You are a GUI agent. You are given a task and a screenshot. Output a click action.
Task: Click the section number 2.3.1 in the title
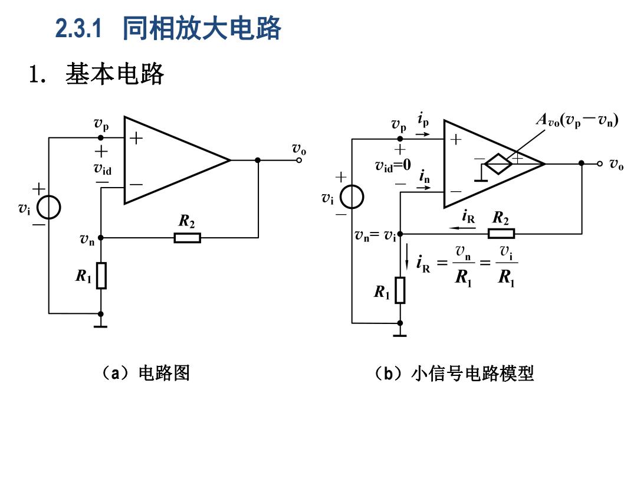tap(78, 28)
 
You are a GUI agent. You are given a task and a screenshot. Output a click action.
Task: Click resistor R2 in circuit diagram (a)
tap(188, 238)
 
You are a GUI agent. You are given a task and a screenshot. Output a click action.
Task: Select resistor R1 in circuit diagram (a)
tap(101, 276)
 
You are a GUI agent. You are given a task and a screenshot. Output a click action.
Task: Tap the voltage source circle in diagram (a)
tap(49, 207)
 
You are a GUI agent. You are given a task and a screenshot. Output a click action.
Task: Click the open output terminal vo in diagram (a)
tap(299, 160)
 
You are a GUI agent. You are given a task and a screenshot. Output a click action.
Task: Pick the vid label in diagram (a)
tap(103, 168)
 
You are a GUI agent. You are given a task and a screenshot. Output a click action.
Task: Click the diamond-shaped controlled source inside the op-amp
tap(498, 164)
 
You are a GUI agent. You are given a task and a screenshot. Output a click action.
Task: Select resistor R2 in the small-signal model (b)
tap(501, 234)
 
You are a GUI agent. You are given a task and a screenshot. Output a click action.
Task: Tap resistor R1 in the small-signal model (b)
tap(400, 290)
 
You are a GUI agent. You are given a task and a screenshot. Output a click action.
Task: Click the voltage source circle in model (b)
tap(352, 197)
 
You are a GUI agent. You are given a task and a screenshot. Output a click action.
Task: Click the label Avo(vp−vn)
tap(577, 120)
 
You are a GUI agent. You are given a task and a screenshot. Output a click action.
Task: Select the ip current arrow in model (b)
tap(422, 134)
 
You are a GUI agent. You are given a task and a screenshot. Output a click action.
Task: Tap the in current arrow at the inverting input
tap(423, 188)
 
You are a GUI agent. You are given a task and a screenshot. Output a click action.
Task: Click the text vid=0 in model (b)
tap(393, 165)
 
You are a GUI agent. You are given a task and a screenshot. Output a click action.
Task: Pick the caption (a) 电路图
tap(145, 373)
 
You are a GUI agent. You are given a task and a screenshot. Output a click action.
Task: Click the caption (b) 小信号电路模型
tap(454, 373)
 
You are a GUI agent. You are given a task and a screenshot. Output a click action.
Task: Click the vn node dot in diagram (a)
tap(101, 238)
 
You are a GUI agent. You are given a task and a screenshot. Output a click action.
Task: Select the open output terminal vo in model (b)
tap(600, 163)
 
